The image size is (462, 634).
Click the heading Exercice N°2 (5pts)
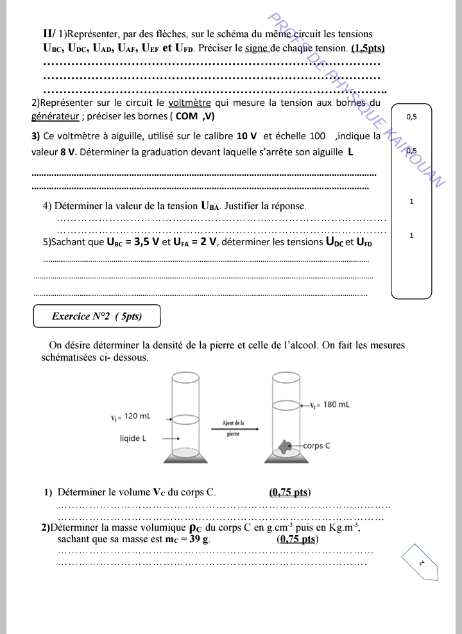tap(96, 316)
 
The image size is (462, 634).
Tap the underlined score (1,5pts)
tap(368, 48)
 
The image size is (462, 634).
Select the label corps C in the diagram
tap(316, 445)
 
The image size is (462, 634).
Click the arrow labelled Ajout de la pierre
tap(233, 430)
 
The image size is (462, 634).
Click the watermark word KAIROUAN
tap(416, 155)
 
